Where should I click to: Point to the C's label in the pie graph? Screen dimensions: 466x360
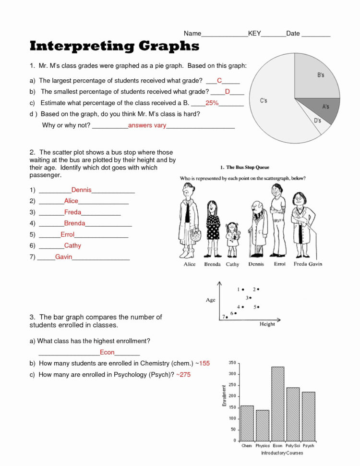coord(264,101)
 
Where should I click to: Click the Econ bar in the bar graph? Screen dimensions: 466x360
coord(277,404)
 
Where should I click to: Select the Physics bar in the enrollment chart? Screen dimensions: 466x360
coord(262,425)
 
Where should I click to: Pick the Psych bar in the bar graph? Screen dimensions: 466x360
coord(308,416)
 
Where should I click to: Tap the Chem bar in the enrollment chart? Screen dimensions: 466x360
coord(247,423)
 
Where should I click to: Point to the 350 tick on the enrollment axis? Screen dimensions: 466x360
coord(232,363)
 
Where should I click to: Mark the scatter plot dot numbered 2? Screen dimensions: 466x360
coord(258,289)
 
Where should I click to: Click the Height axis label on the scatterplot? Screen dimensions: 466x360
coord(267,324)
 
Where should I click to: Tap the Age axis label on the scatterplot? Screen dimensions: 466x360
coord(210,300)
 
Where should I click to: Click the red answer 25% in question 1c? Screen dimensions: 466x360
coord(212,103)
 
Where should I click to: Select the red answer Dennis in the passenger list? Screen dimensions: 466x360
coord(81,190)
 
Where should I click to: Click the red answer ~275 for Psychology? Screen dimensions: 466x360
coord(183,374)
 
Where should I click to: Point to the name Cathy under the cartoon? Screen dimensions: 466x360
coord(232,264)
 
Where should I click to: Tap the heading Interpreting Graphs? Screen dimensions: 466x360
coord(114,46)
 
